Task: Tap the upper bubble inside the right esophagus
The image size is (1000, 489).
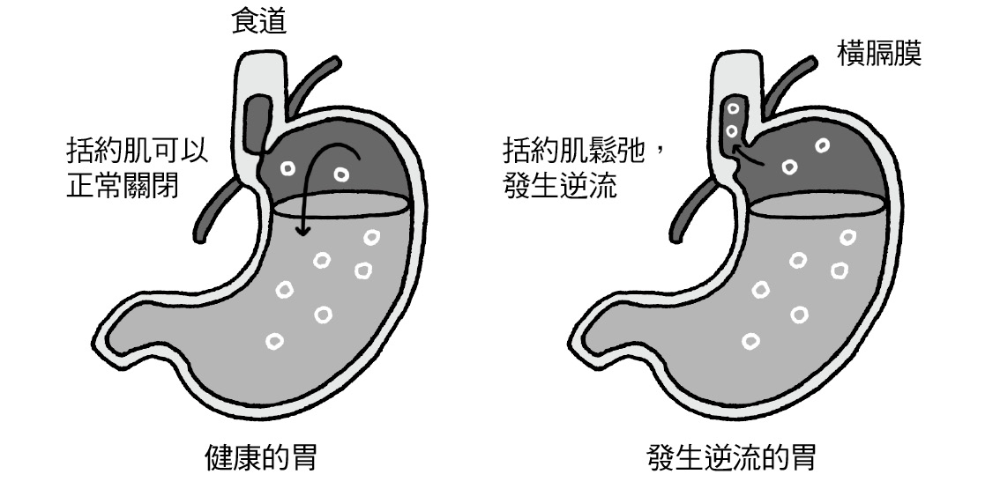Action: pos(732,112)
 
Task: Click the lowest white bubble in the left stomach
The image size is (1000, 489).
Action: pos(276,341)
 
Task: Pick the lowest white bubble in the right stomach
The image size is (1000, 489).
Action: pos(751,341)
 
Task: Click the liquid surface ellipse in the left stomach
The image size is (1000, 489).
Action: pos(340,204)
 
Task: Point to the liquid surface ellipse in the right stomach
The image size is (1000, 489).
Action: pos(817,204)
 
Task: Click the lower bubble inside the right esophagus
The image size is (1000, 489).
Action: pos(730,131)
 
